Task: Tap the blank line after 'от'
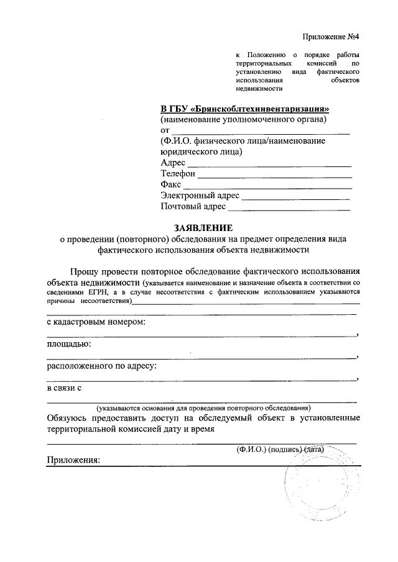pyautogui.click(x=260, y=131)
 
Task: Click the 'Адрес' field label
pyautogui.click(x=173, y=163)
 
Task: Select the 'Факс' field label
pyautogui.click(x=171, y=185)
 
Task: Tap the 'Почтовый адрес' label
pyautogui.click(x=192, y=207)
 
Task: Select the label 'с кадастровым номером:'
pyautogui.click(x=97, y=323)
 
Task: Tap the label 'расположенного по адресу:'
pyautogui.click(x=102, y=366)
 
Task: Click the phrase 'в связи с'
pyautogui.click(x=65, y=388)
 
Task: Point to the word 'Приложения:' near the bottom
pyautogui.click(x=74, y=460)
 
